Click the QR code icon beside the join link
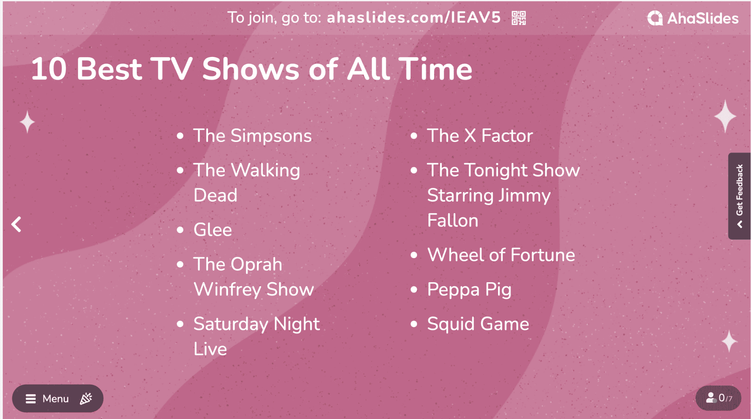tap(519, 18)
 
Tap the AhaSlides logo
tap(693, 18)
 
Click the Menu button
tap(58, 398)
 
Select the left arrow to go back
tap(16, 225)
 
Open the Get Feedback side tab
tap(739, 196)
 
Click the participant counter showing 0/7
tap(719, 398)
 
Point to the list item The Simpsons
tap(253, 136)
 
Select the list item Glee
tap(213, 230)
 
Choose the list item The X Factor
tap(480, 136)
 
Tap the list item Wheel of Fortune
tap(501, 255)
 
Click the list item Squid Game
tap(478, 325)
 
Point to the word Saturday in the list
tap(231, 325)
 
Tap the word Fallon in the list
tap(453, 221)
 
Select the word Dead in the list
tap(215, 195)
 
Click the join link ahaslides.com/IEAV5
tap(414, 18)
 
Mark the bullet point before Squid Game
tap(414, 324)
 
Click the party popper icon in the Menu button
tap(86, 398)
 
